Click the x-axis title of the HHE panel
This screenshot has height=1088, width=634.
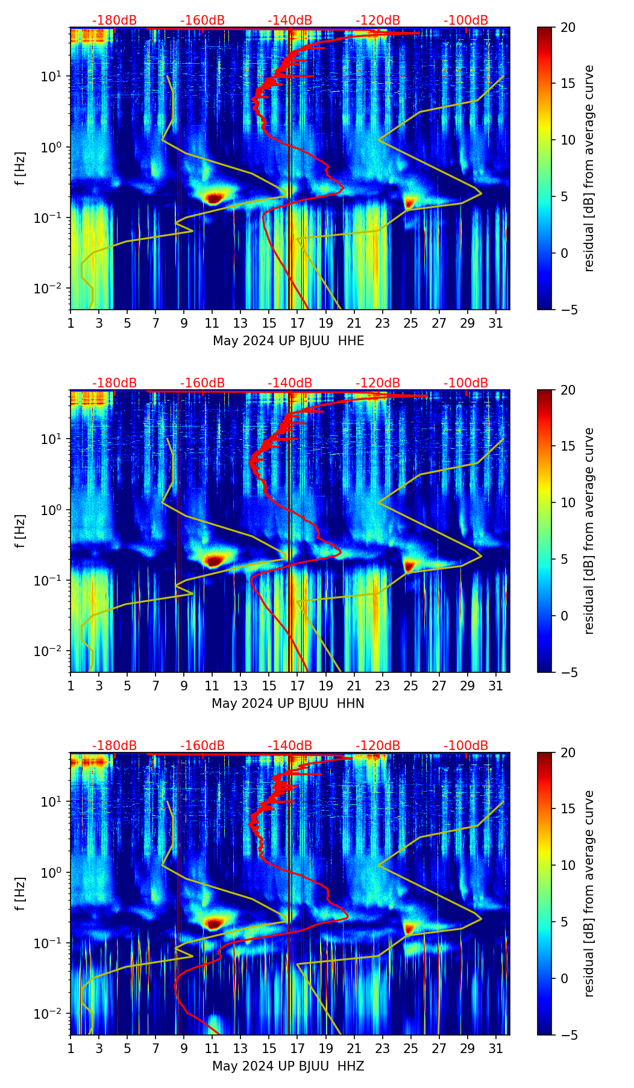[x=288, y=341]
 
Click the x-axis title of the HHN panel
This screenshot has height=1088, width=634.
[x=288, y=704]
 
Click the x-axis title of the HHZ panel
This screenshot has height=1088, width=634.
[x=288, y=1066]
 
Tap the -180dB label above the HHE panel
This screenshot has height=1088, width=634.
[x=115, y=20]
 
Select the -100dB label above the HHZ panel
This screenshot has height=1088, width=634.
[x=466, y=746]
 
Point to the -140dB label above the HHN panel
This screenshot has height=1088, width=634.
[x=290, y=383]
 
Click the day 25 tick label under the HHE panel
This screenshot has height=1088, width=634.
[x=410, y=323]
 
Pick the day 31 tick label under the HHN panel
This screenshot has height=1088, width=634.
[x=495, y=686]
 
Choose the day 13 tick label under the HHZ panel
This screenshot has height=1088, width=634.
[x=240, y=1048]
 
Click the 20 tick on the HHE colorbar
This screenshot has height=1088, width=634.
[x=568, y=27]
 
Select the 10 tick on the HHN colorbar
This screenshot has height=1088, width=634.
[x=568, y=502]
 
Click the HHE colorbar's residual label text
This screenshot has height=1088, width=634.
[x=589, y=168]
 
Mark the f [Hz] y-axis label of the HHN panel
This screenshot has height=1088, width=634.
[x=21, y=531]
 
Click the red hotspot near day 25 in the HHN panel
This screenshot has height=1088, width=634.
[x=410, y=565]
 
